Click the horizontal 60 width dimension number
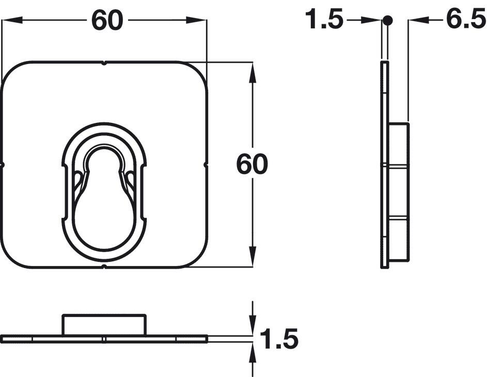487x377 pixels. coord(107,20)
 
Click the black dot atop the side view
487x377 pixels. coord(387,21)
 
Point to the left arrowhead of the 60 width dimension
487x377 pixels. coord(12,20)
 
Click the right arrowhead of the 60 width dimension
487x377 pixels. coord(197,20)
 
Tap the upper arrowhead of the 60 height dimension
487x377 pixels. coord(253,73)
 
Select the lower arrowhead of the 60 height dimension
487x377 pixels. coord(253,256)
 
